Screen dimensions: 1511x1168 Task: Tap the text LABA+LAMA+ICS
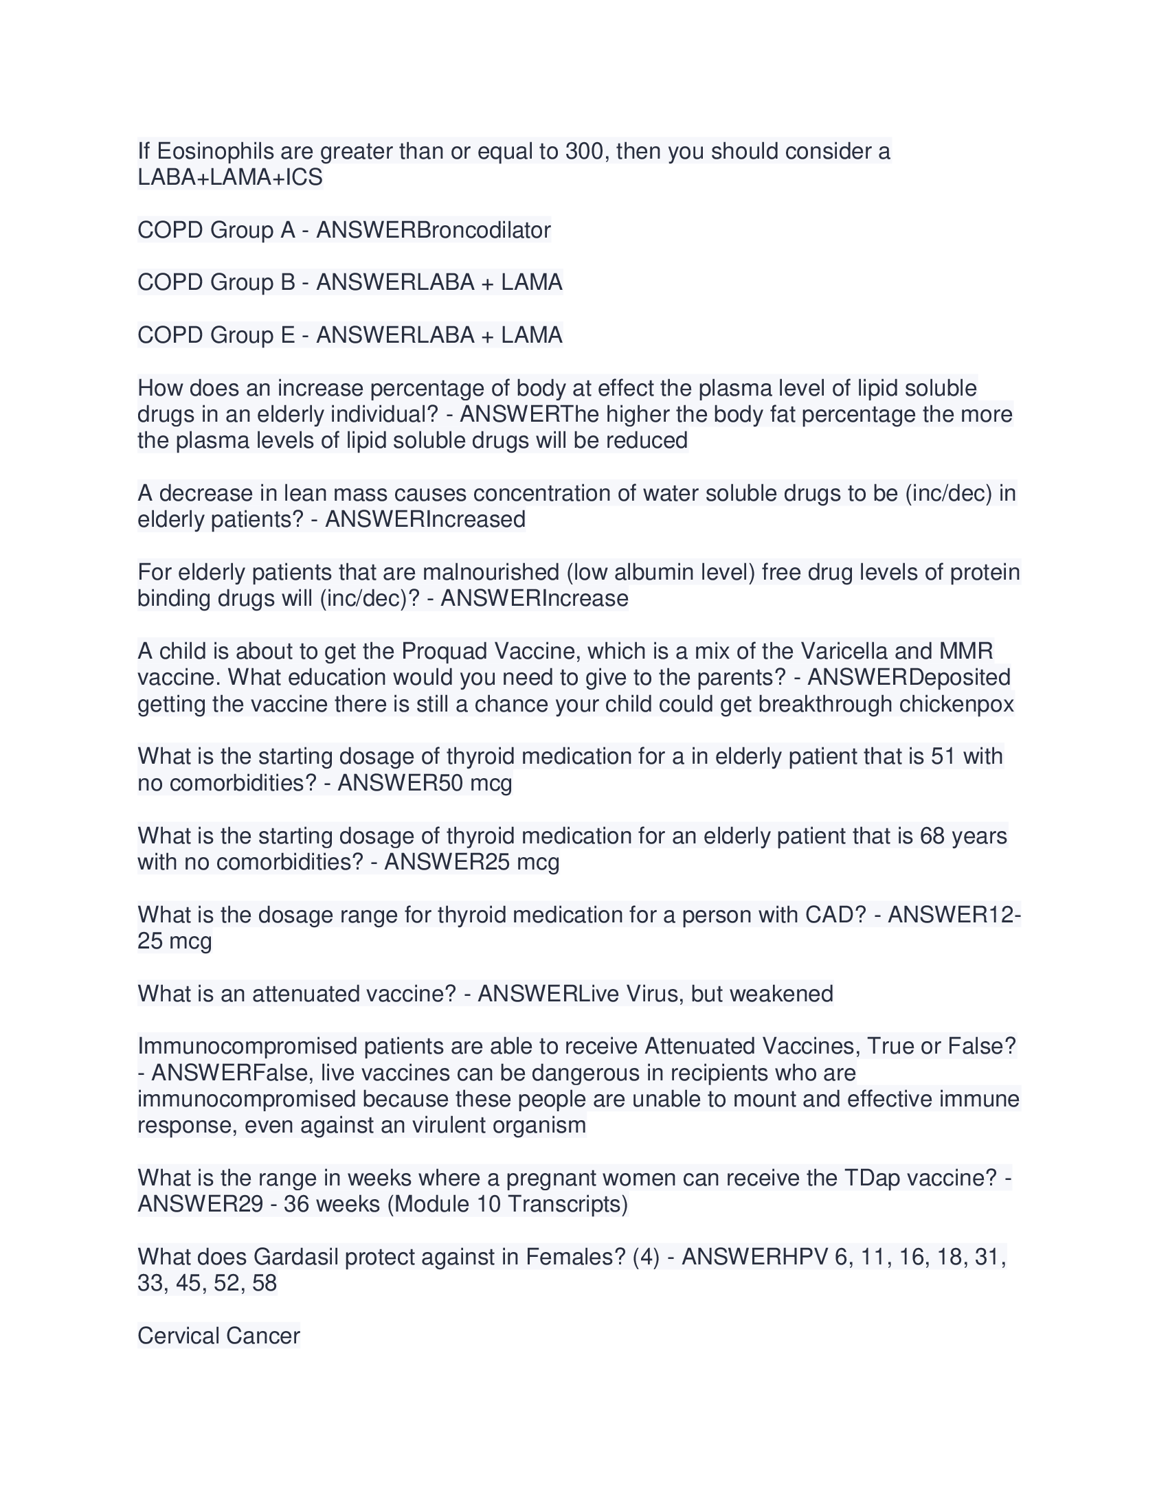(x=229, y=177)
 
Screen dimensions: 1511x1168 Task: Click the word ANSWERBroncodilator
(x=433, y=229)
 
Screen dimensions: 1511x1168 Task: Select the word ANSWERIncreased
(x=425, y=519)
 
